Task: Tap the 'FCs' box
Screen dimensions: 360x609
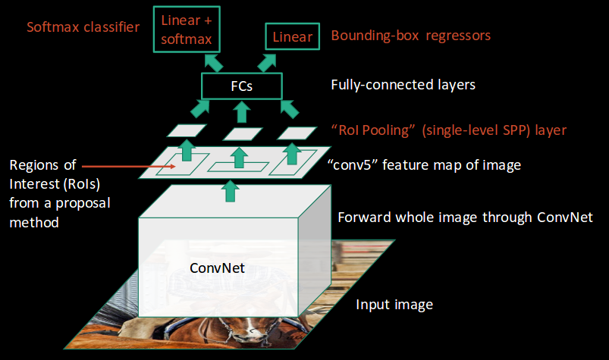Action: click(x=241, y=86)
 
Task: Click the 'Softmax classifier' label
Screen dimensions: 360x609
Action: click(x=83, y=27)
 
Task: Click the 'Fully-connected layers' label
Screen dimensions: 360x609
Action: click(x=403, y=85)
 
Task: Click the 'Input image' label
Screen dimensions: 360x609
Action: click(x=394, y=305)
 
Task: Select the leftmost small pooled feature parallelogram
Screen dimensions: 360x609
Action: click(x=182, y=131)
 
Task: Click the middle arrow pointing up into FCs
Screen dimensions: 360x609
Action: click(x=241, y=112)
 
